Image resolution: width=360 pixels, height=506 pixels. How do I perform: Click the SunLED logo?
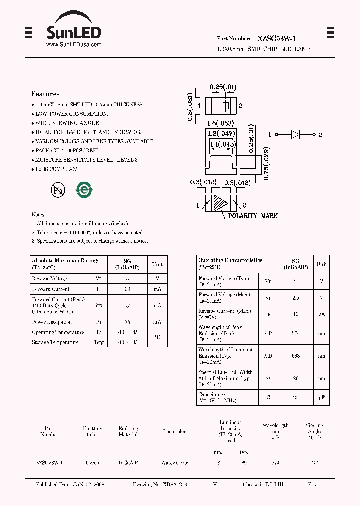[x=74, y=33]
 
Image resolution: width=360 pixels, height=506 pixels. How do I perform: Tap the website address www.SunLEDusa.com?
[x=74, y=45]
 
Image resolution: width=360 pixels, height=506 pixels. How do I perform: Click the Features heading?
[x=45, y=94]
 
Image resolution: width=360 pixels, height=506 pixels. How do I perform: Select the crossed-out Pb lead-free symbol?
[x=57, y=190]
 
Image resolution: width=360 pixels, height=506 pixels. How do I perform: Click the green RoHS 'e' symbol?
[x=83, y=190]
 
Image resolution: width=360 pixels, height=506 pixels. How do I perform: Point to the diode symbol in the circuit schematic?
[x=295, y=135]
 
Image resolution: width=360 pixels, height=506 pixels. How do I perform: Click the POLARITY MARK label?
[x=253, y=216]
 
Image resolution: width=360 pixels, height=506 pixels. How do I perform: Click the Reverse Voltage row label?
[x=50, y=279]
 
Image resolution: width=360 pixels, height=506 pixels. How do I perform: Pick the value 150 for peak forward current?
[x=127, y=305]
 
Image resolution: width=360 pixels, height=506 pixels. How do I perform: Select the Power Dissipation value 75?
[x=127, y=322]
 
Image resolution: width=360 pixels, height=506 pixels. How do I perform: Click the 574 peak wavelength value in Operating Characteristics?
[x=296, y=333]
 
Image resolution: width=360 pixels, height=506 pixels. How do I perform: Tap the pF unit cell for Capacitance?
[x=321, y=397]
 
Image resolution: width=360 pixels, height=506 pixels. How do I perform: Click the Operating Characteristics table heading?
[x=230, y=260]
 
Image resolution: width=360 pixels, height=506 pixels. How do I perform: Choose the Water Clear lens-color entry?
[x=174, y=463]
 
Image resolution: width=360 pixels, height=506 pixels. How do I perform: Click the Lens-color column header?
[x=174, y=432]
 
